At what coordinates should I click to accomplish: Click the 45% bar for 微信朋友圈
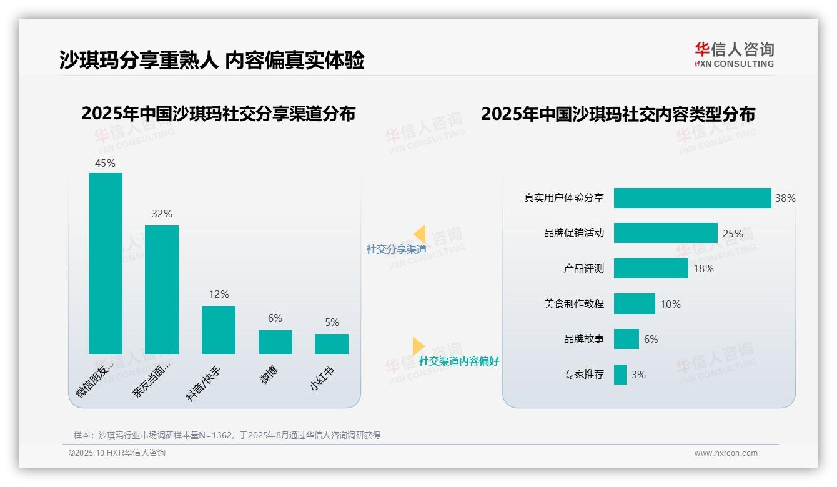pyautogui.click(x=106, y=263)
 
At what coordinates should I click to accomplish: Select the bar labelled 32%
pyautogui.click(x=162, y=289)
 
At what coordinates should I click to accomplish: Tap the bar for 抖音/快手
pyautogui.click(x=219, y=330)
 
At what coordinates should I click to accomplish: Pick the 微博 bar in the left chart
pyautogui.click(x=275, y=342)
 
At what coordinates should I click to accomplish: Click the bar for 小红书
pyautogui.click(x=332, y=344)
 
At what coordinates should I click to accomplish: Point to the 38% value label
pyautogui.click(x=785, y=198)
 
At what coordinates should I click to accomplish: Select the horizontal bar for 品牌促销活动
pyautogui.click(x=665, y=233)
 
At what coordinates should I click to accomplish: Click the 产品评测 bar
pyautogui.click(x=651, y=268)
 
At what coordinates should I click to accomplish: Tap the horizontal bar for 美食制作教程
pyautogui.click(x=634, y=303)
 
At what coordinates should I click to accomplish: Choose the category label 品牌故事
pyautogui.click(x=584, y=339)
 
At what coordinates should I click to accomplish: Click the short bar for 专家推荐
pyautogui.click(x=620, y=375)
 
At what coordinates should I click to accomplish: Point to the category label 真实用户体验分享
pyautogui.click(x=564, y=198)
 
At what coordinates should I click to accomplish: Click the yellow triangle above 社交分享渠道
pyautogui.click(x=420, y=234)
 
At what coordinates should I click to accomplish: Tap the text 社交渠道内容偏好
pyautogui.click(x=459, y=362)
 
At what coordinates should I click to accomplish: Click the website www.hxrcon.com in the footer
pyautogui.click(x=726, y=453)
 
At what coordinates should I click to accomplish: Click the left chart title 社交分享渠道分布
pyautogui.click(x=218, y=114)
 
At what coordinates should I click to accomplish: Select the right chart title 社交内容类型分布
pyautogui.click(x=618, y=114)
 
